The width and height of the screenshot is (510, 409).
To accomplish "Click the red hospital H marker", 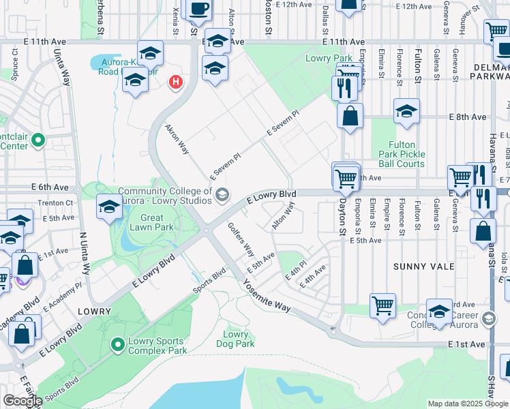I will point(176,82).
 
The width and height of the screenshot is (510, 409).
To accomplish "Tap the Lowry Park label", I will point(329,59).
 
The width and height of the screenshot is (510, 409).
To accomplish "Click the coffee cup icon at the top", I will point(198,10).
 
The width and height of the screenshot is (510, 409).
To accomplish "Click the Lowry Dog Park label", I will point(236,339).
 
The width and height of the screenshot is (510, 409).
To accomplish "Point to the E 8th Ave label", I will point(467,117).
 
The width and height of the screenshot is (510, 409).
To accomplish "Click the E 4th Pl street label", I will point(296,271).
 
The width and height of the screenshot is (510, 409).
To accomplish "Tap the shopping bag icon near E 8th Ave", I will point(350,116).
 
